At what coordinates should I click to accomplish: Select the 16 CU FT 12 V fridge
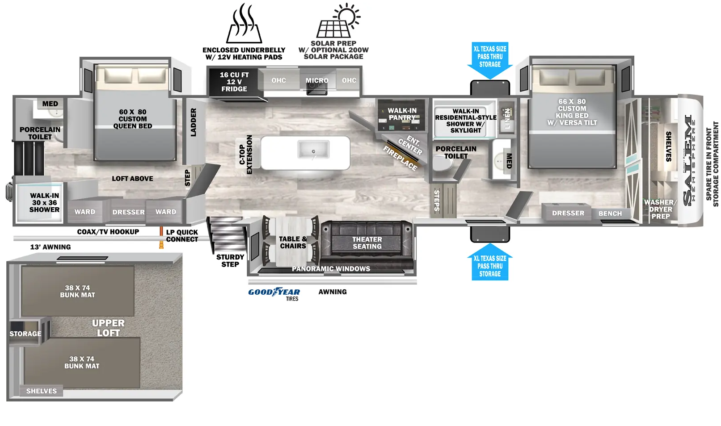click(234, 82)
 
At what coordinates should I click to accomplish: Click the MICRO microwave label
click(317, 81)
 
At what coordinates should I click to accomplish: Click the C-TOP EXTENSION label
click(245, 155)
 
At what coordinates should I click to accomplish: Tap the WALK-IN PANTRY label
click(402, 114)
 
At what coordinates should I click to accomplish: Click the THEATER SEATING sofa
click(367, 243)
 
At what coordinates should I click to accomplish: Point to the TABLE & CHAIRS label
click(293, 242)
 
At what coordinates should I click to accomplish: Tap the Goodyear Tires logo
click(274, 292)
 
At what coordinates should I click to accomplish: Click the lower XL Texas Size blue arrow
click(490, 263)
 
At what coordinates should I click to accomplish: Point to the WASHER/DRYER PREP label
click(660, 209)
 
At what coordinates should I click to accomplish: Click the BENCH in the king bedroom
click(610, 213)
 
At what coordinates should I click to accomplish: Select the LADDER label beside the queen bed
click(193, 122)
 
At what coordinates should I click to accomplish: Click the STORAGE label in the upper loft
click(25, 334)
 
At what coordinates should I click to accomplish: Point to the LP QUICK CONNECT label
click(181, 236)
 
